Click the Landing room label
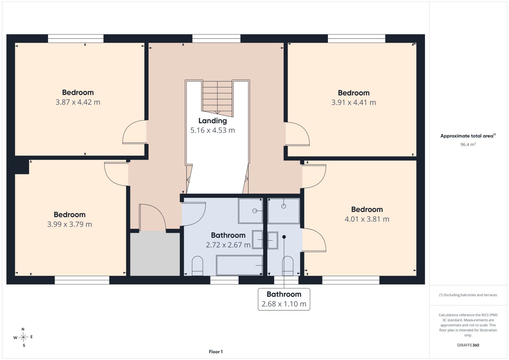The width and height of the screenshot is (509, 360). tap(213, 121)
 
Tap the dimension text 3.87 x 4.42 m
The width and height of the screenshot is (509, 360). tap(78, 102)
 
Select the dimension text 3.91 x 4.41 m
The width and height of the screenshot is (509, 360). tap(354, 102)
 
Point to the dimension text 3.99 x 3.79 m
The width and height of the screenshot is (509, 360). tap(69, 224)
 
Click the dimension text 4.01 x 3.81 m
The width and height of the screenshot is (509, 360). tap(367, 219)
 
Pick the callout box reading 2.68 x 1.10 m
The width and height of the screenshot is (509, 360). tap(284, 299)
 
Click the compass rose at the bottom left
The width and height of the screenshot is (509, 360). tap(23, 337)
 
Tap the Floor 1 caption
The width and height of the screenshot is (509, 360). tap(216, 352)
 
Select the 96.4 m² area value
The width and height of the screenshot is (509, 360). tap(468, 144)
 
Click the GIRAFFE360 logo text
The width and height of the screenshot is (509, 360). tap(468, 345)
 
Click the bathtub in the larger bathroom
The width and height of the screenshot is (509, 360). tap(239, 265)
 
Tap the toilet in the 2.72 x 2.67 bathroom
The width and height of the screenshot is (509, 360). tap(197, 266)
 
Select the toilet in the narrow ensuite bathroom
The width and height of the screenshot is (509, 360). tap(288, 266)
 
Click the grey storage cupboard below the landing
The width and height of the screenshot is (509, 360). tap(155, 254)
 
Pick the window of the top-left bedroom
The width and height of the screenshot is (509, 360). tap(76, 38)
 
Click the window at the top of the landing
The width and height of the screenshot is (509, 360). tap(216, 38)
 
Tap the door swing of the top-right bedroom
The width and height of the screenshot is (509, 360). tap(297, 134)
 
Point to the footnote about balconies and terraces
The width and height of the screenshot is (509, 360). tap(468, 295)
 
